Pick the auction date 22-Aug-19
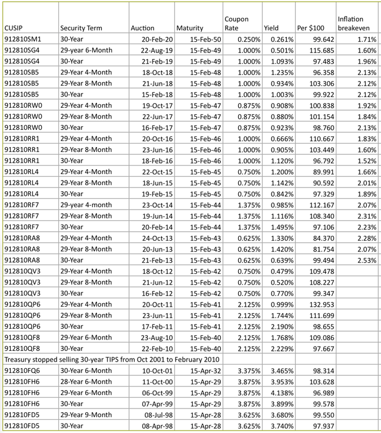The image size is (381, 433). tap(154, 51)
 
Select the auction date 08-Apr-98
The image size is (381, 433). tap(154, 426)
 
